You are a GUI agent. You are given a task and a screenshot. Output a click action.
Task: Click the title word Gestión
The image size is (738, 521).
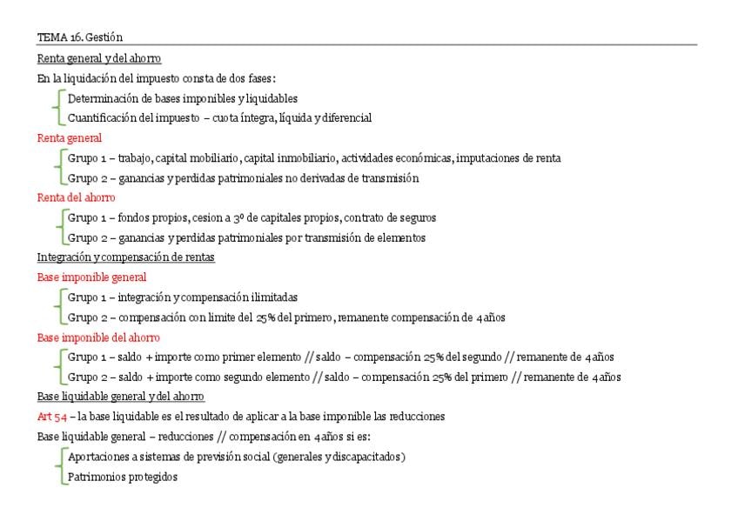(x=105, y=37)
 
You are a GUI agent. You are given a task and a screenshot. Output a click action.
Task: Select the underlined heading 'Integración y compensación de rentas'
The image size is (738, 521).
(x=125, y=257)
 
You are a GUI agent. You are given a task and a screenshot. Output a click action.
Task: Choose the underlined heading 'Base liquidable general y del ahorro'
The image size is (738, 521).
(x=121, y=397)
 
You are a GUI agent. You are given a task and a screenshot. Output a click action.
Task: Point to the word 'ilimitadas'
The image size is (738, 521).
(x=271, y=297)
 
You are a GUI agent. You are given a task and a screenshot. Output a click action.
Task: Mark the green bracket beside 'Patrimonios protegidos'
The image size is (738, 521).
(x=58, y=477)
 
